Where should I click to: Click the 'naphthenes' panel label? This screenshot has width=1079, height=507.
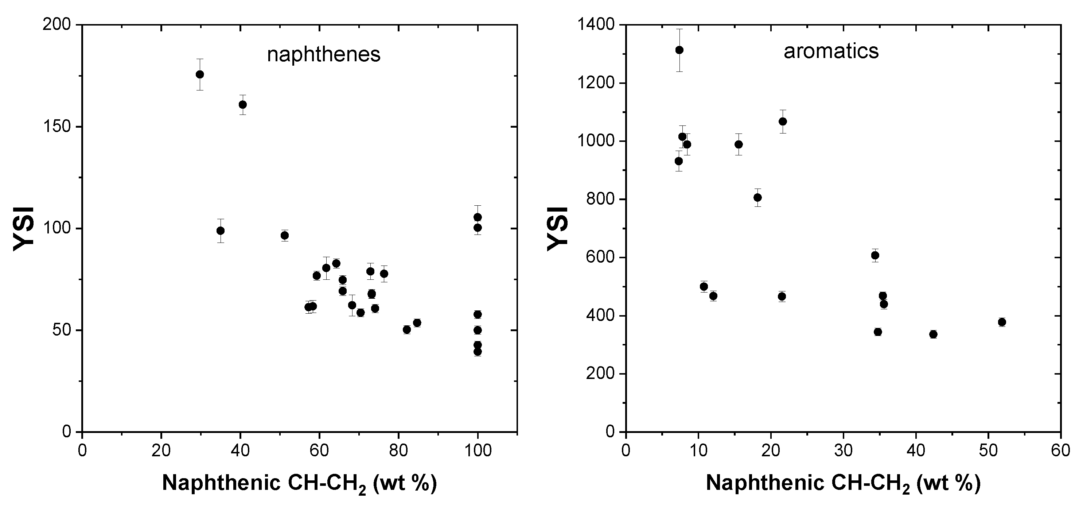point(324,54)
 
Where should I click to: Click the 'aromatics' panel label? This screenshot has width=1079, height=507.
point(831,51)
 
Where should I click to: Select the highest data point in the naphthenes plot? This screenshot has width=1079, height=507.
point(200,74)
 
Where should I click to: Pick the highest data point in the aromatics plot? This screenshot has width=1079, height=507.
point(679,50)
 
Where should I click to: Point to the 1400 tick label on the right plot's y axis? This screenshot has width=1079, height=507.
point(596,25)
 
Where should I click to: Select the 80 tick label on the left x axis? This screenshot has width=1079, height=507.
point(398,451)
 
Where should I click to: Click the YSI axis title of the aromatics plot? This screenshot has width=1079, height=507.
point(557,228)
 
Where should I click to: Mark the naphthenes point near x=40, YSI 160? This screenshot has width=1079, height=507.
point(242,104)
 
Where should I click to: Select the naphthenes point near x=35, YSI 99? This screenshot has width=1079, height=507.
point(220,231)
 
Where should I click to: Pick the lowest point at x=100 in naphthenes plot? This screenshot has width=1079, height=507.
point(478,352)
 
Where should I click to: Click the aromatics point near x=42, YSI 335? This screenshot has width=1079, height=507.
point(933,334)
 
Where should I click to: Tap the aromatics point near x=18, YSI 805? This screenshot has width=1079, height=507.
point(757,197)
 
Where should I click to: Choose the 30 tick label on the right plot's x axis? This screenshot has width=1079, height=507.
point(843,451)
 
